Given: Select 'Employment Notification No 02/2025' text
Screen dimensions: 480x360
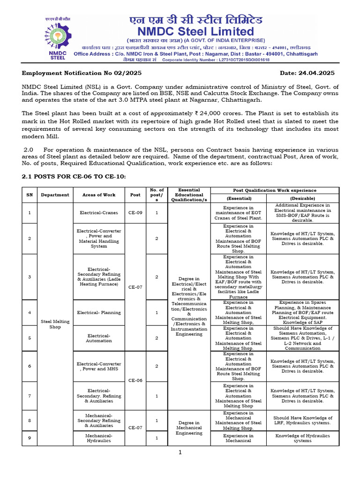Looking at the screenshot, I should pyautogui.click(x=82, y=73).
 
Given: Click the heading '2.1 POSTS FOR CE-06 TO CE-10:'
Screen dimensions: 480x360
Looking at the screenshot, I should pyautogui.click(x=74, y=176).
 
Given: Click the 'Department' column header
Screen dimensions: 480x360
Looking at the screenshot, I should pyautogui.click(x=55, y=195).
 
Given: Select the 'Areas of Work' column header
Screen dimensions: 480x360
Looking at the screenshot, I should pyautogui.click(x=98, y=195).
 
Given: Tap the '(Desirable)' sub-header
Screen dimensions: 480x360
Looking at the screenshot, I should pyautogui.click(x=302, y=198).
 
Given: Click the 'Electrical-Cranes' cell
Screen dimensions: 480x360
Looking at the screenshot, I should pyautogui.click(x=98, y=212).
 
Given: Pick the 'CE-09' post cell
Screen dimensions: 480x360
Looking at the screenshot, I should pyautogui.click(x=135, y=212).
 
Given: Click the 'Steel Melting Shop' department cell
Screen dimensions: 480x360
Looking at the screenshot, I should pyautogui.click(x=55, y=324).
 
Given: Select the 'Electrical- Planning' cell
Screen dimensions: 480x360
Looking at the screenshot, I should pyautogui.click(x=98, y=313).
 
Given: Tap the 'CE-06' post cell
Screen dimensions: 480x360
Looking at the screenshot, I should pyautogui.click(x=135, y=380).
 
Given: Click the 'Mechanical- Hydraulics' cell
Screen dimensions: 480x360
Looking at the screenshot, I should pyautogui.click(x=98, y=438).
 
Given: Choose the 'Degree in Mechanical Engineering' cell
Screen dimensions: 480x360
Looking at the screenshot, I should pyautogui.click(x=189, y=427).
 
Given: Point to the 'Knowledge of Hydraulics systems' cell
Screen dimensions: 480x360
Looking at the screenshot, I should pyautogui.click(x=302, y=438).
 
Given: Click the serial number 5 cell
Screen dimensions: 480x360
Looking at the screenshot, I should pyautogui.click(x=29, y=338).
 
